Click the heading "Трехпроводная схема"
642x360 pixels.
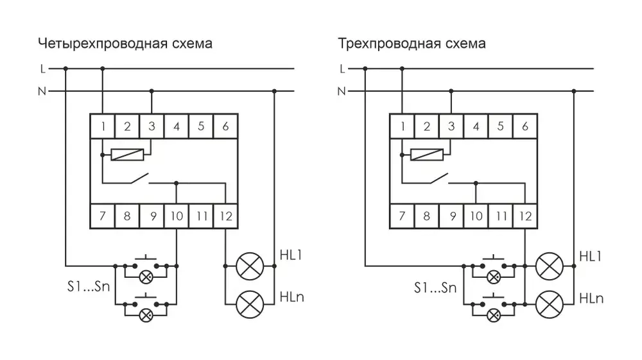pyautogui.click(x=412, y=44)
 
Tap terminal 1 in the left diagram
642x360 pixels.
pyautogui.click(x=103, y=126)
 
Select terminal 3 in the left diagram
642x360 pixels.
pyautogui.click(x=152, y=126)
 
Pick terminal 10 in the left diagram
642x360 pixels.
pyautogui.click(x=176, y=216)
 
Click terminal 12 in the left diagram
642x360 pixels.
pyautogui.click(x=225, y=216)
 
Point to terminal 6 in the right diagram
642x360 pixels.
pyautogui.click(x=525, y=126)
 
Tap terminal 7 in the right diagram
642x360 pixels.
pyautogui.click(x=403, y=216)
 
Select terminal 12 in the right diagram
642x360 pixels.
pyautogui.click(x=525, y=216)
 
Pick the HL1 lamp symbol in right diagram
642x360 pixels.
pyautogui.click(x=549, y=264)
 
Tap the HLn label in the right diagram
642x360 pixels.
pyautogui.click(x=591, y=298)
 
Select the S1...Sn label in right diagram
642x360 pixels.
pyautogui.click(x=435, y=288)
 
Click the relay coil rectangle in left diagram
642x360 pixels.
pyautogui.click(x=127, y=155)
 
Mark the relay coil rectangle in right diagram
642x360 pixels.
pyautogui.click(x=427, y=155)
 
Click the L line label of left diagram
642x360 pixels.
pyautogui.click(x=42, y=68)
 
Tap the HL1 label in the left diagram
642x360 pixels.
pyautogui.click(x=291, y=255)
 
